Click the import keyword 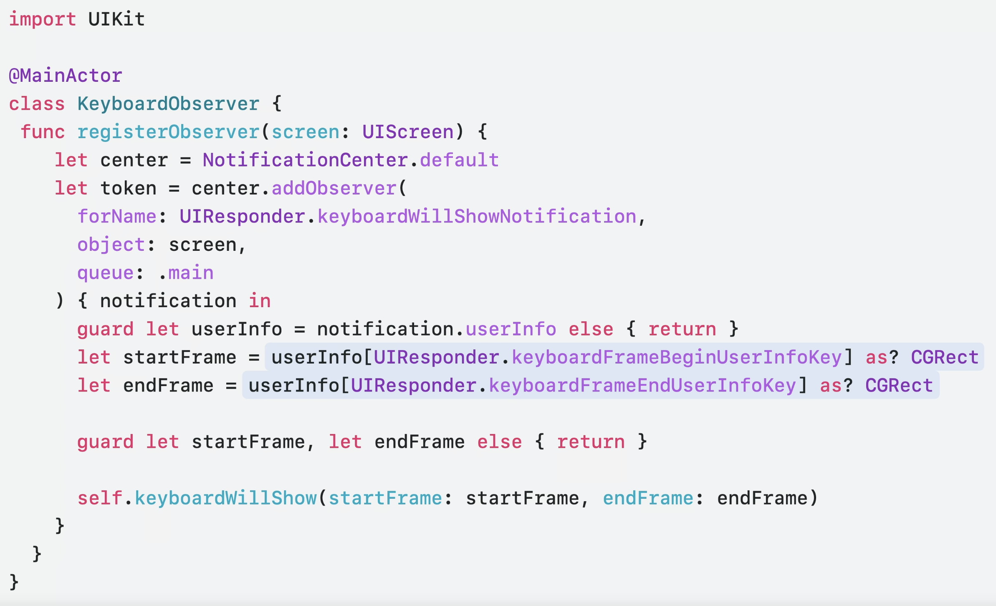click(x=42, y=19)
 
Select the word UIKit click(x=116, y=19)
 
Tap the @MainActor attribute click(x=66, y=76)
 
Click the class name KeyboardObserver click(x=168, y=104)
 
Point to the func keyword click(x=43, y=132)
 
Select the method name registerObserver click(x=168, y=132)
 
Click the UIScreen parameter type click(x=408, y=132)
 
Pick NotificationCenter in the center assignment click(x=305, y=160)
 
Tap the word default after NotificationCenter click(x=459, y=160)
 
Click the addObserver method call click(x=334, y=188)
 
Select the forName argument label click(x=117, y=217)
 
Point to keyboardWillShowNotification click(x=477, y=217)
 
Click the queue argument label click(x=105, y=273)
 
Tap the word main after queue click(x=191, y=273)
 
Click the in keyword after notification click(x=260, y=301)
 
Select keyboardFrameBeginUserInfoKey click(x=677, y=357)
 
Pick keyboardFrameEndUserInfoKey click(x=642, y=386)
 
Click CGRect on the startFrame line click(x=945, y=357)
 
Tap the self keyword click(x=100, y=498)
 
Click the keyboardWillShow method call click(x=225, y=498)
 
